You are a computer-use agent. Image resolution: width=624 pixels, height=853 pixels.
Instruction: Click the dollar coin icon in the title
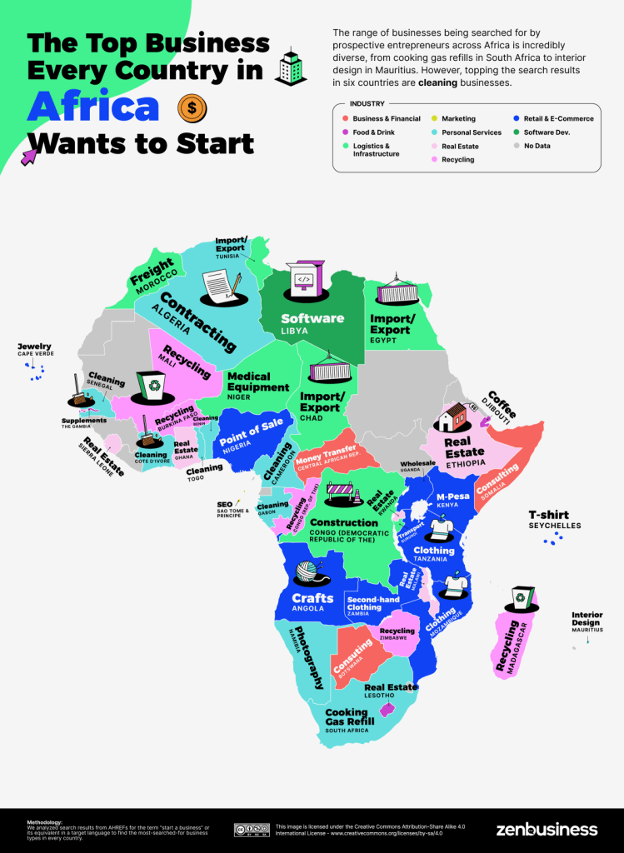point(192,109)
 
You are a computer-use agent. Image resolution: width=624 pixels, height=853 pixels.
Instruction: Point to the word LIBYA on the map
point(295,331)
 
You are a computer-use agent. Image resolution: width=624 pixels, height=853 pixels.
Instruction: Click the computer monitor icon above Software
point(304,280)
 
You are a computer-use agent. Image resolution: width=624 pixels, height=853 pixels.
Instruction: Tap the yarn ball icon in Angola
point(311,573)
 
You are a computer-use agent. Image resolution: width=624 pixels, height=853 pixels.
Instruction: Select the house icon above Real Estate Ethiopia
point(455,416)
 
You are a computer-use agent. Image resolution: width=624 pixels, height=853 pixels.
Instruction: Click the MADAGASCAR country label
point(513,645)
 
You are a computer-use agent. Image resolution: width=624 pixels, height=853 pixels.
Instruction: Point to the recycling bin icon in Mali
point(150,385)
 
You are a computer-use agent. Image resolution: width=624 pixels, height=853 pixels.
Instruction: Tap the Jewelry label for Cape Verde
point(34,346)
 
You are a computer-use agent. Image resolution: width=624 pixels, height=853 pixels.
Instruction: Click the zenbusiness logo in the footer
point(547,829)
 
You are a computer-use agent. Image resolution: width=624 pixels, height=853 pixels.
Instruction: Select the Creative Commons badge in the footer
point(251,830)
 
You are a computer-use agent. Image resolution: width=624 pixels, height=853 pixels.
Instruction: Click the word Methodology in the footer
point(44,821)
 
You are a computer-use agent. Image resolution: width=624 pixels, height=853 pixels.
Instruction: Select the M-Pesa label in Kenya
point(453,497)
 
